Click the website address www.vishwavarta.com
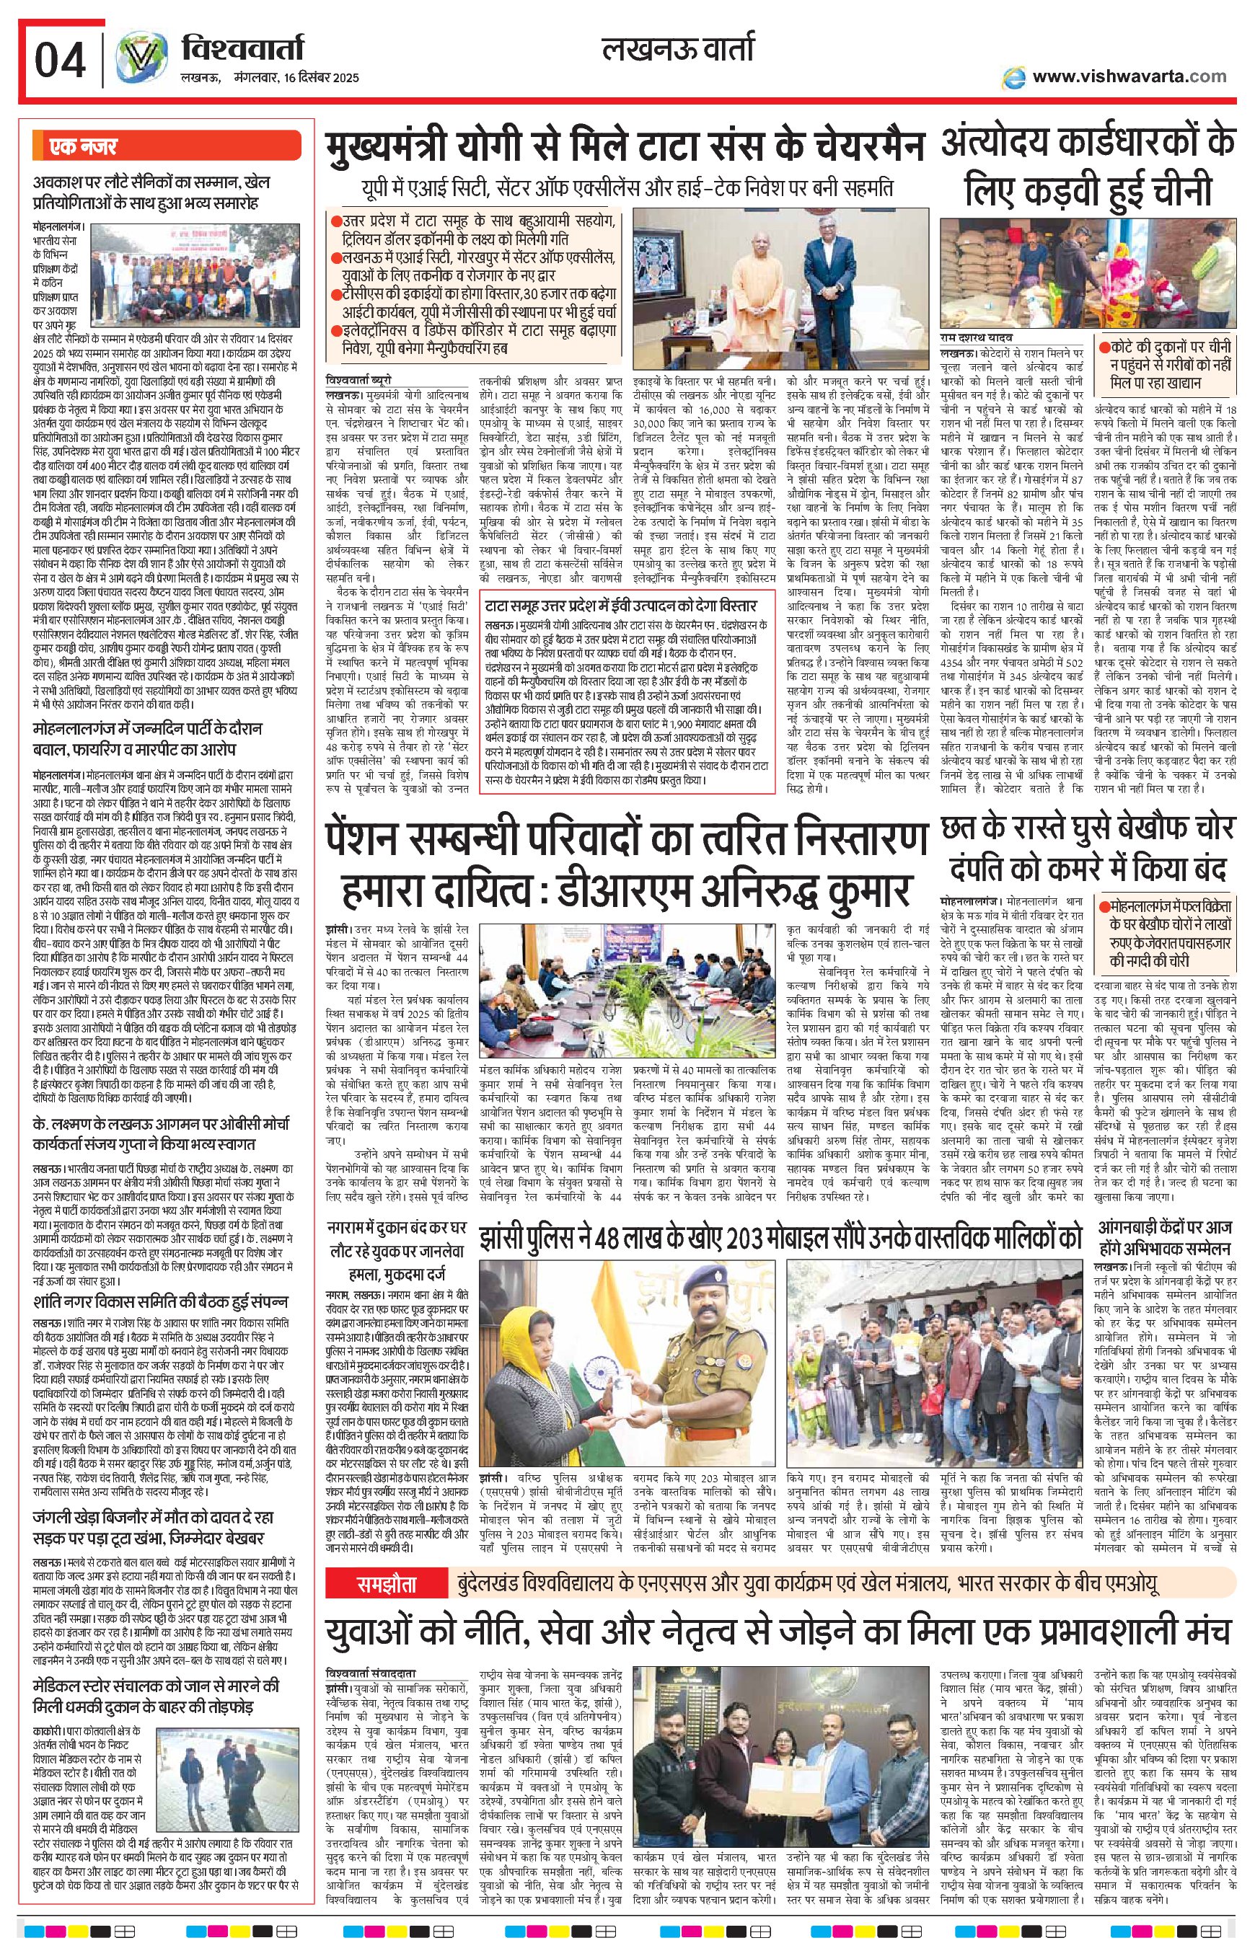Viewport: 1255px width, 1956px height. (x=1128, y=76)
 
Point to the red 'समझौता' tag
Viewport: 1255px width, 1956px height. (x=387, y=1585)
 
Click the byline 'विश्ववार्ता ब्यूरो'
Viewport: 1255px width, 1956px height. (x=358, y=379)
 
